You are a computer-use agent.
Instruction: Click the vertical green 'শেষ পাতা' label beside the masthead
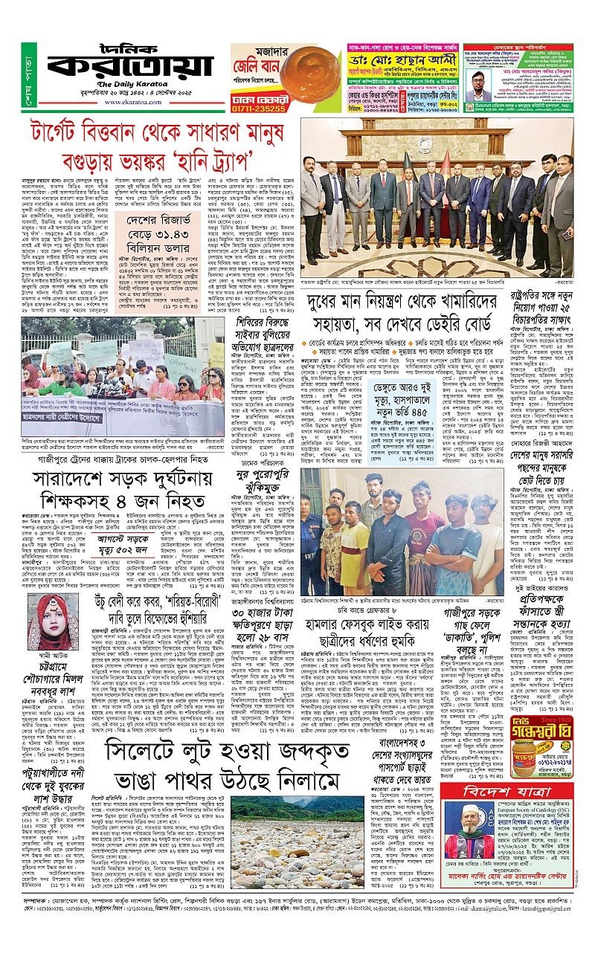click(x=30, y=78)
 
